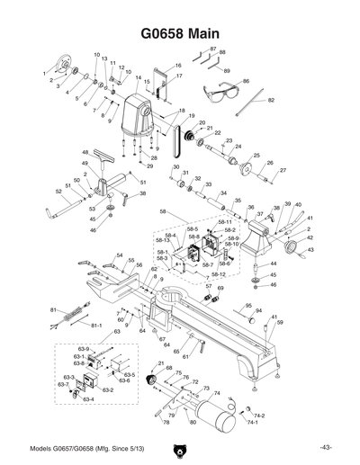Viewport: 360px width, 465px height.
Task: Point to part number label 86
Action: pyautogui.click(x=246, y=82)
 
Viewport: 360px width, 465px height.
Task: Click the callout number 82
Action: pyautogui.click(x=271, y=101)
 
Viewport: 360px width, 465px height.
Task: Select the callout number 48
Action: pyautogui.click(x=85, y=153)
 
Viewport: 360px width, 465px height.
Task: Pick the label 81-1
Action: pyautogui.click(x=97, y=325)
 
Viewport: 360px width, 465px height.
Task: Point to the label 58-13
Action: pyautogui.click(x=163, y=240)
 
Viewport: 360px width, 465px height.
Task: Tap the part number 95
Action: pyautogui.click(x=248, y=306)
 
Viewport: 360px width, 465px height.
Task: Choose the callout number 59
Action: pyautogui.click(x=280, y=322)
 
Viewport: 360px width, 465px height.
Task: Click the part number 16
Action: pyautogui.click(x=178, y=66)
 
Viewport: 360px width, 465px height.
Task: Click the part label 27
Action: pyautogui.click(x=283, y=170)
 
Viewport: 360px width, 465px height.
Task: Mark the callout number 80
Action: pyautogui.click(x=191, y=422)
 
